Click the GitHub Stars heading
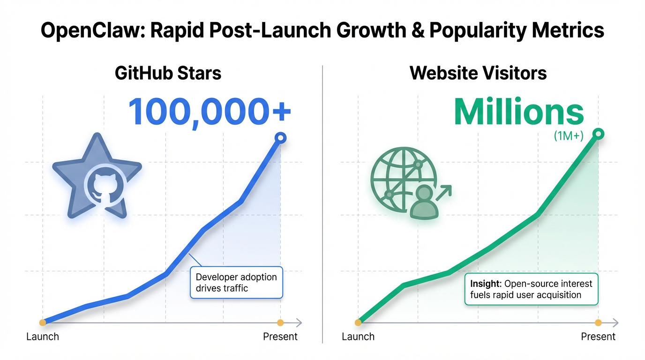point(168,73)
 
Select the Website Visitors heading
point(478,73)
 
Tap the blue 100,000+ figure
point(210,112)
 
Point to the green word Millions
point(519,112)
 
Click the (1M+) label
point(569,135)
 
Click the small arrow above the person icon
point(443,193)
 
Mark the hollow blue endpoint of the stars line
point(280,138)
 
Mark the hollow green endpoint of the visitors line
point(598,134)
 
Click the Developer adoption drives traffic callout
point(236,283)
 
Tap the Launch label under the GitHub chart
point(43,337)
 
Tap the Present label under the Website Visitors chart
point(598,337)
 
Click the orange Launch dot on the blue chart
point(43,322)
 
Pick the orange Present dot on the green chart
point(598,322)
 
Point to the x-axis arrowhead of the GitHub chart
point(299,323)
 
